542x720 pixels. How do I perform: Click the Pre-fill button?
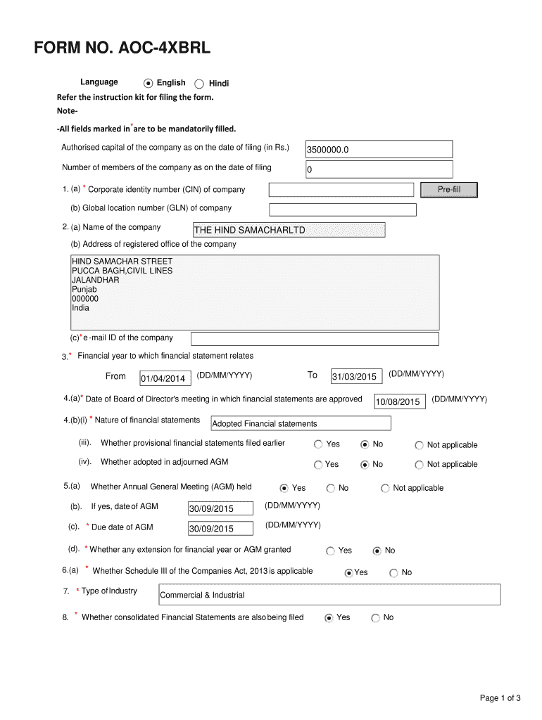point(448,190)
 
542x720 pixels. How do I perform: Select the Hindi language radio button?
point(199,83)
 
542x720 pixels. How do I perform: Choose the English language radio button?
point(148,83)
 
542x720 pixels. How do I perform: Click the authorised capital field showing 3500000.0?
point(379,150)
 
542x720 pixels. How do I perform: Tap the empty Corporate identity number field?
point(341,190)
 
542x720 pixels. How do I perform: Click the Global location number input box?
point(343,210)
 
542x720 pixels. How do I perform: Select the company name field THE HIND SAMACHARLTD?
point(289,230)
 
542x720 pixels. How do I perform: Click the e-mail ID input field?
point(315,339)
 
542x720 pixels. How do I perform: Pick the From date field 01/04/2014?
point(165,378)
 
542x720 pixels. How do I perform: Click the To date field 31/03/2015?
point(356,377)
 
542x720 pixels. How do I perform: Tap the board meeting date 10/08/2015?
point(399,401)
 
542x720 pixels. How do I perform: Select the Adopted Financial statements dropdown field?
point(301,423)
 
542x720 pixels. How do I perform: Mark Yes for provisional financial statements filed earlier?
point(318,444)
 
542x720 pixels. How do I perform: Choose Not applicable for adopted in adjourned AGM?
point(420,465)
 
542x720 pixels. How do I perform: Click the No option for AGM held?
point(331,488)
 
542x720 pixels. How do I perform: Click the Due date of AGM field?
point(220,529)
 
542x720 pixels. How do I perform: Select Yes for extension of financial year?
point(331,551)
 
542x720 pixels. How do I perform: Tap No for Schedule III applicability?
point(393,573)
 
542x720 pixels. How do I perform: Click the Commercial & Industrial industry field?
point(329,595)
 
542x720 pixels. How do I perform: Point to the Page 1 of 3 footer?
point(500,698)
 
